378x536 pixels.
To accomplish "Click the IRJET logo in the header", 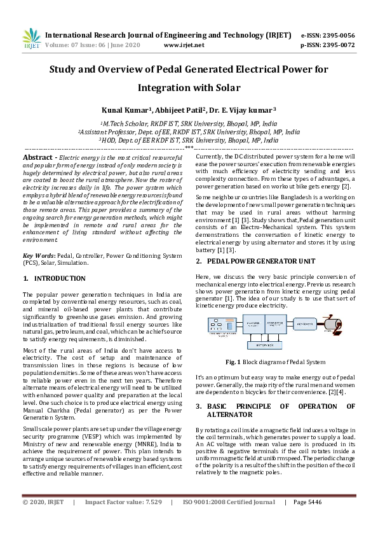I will tap(30, 39).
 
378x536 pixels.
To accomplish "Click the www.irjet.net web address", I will tap(184, 45).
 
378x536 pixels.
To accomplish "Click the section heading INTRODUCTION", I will tap(60, 279).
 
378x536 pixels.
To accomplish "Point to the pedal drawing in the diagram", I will tap(337, 325).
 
